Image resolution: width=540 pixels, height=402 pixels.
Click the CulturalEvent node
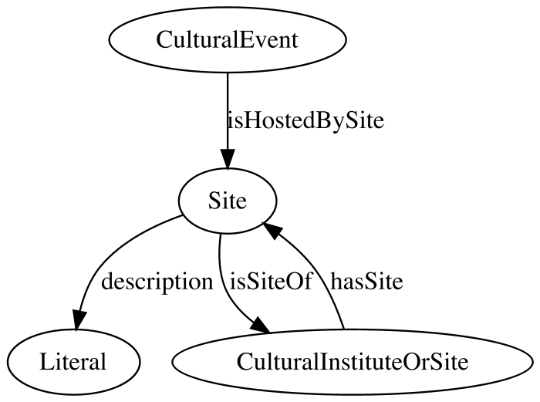[x=228, y=39]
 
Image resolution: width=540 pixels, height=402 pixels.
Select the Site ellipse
[x=228, y=201]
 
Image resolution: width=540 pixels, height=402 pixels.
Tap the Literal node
[x=73, y=362]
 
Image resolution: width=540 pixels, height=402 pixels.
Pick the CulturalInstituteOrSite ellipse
[x=353, y=362]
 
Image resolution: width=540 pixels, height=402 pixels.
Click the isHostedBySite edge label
[x=305, y=120]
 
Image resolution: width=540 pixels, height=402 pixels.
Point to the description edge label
[x=157, y=282]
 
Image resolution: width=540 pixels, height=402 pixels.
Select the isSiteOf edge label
[x=271, y=281]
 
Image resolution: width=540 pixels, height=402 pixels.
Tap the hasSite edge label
[x=366, y=281]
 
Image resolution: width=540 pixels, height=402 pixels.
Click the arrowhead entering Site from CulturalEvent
[x=228, y=158]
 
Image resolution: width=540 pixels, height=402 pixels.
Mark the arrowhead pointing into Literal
[x=79, y=319]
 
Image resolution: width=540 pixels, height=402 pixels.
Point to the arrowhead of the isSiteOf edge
[x=261, y=326]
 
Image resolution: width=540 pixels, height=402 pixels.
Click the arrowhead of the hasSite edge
[x=273, y=230]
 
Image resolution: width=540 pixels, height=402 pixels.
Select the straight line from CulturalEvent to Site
[x=228, y=111]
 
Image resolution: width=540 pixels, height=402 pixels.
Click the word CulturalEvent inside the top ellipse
[x=228, y=40]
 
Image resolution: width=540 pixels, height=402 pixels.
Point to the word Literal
[x=73, y=362]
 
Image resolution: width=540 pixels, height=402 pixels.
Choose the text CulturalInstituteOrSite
[x=353, y=362]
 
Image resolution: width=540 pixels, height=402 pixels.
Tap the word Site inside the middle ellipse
[x=228, y=201]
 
